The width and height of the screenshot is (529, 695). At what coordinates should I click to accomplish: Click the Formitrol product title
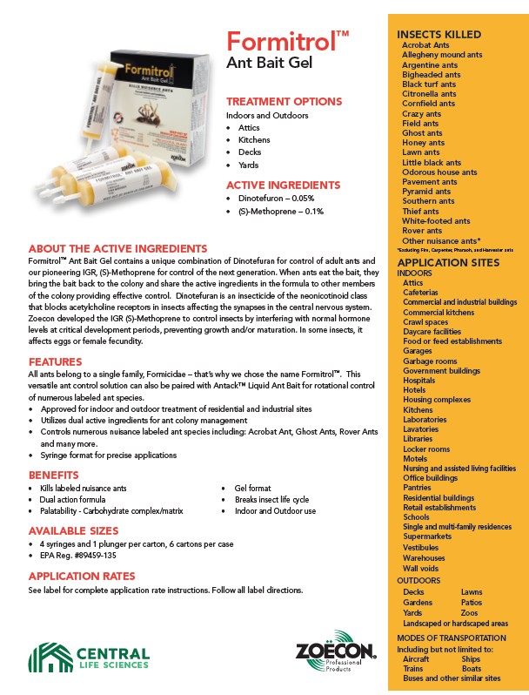coord(287,43)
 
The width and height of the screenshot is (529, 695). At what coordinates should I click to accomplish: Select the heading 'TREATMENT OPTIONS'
coord(284,101)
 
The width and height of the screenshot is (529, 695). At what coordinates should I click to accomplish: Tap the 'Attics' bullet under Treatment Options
coord(249,127)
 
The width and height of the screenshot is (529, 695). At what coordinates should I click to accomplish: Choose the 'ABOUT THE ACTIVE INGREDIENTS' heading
coord(117,248)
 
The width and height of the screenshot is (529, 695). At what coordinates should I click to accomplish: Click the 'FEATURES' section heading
coord(56,361)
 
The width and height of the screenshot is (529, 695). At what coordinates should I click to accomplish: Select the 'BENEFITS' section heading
coord(54,475)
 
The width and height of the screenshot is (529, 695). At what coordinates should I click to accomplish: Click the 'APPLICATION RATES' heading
coord(82,576)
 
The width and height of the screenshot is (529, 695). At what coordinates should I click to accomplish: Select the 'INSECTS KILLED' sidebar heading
coord(439,34)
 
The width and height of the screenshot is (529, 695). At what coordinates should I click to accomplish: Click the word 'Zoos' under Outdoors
coord(471,613)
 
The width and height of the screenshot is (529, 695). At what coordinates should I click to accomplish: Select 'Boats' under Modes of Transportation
coord(471,668)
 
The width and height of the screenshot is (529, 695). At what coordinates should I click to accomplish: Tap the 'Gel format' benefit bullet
coord(254,489)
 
